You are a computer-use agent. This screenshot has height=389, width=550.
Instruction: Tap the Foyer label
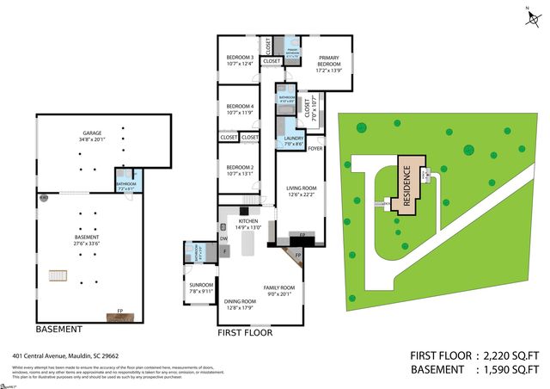tap(315, 148)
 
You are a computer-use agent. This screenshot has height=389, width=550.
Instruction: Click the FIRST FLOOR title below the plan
tap(245, 331)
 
